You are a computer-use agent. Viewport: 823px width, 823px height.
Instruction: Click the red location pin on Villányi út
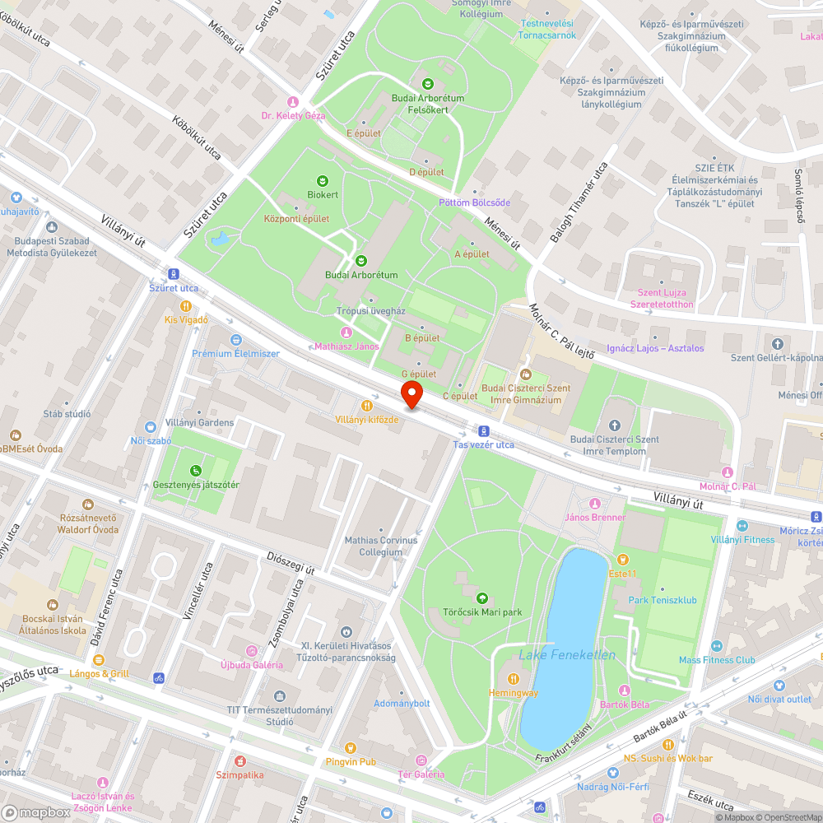tap(411, 394)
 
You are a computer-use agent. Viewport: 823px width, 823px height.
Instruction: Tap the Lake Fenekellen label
tap(567, 655)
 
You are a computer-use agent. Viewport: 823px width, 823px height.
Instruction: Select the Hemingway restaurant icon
tap(514, 678)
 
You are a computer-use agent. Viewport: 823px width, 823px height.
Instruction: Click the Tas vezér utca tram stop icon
tap(484, 430)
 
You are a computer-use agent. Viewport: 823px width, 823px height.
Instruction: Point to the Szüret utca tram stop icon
tap(173, 274)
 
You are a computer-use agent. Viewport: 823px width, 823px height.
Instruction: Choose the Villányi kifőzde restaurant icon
tap(367, 405)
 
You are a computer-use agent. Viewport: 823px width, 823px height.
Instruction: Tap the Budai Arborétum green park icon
tap(360, 261)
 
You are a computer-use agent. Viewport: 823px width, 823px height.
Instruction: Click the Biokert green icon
tap(323, 180)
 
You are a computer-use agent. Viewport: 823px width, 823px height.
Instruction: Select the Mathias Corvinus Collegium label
tap(380, 546)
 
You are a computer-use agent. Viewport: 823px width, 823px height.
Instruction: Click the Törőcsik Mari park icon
tap(481, 598)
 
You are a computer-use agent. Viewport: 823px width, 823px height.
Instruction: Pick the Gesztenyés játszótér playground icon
tap(196, 471)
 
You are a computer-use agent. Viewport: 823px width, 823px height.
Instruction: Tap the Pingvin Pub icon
tap(351, 747)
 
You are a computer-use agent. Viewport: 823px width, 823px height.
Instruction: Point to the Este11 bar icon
tap(623, 559)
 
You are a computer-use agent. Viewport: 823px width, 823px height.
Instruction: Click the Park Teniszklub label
tap(662, 600)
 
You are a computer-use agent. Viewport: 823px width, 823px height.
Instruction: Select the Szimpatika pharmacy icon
tap(239, 761)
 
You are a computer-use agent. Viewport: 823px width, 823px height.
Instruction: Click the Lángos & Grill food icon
tap(99, 660)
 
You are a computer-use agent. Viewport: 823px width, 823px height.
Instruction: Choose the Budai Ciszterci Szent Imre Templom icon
tap(614, 425)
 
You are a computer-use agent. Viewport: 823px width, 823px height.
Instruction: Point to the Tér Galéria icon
tap(422, 760)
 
